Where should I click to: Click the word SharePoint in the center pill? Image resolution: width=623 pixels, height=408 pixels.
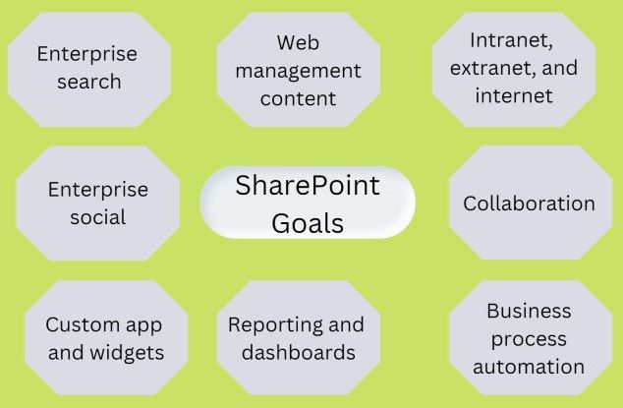pyautogui.click(x=308, y=186)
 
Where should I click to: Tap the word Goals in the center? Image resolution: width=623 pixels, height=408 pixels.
pyautogui.click(x=308, y=223)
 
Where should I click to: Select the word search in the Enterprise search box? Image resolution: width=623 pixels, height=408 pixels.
pyautogui.click(x=89, y=82)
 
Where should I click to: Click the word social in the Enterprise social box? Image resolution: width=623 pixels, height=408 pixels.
pyautogui.click(x=97, y=217)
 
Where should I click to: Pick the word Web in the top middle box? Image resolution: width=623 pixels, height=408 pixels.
pyautogui.click(x=298, y=42)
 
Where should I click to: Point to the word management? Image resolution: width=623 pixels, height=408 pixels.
pyautogui.click(x=298, y=72)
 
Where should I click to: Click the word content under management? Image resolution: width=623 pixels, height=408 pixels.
pyautogui.click(x=298, y=98)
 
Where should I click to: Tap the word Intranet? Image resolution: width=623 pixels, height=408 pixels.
pyautogui.click(x=511, y=40)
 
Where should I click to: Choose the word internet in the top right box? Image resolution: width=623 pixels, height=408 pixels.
pyautogui.click(x=514, y=95)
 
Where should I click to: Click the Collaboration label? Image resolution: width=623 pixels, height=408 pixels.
pyautogui.click(x=529, y=204)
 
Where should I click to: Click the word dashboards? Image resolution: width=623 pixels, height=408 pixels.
pyautogui.click(x=299, y=352)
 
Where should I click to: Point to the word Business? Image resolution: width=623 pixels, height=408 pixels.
pyautogui.click(x=529, y=311)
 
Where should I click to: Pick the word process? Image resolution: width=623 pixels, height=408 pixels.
pyautogui.click(x=529, y=340)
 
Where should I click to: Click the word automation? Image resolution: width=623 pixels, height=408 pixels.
pyautogui.click(x=529, y=367)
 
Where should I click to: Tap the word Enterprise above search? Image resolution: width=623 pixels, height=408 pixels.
pyautogui.click(x=87, y=54)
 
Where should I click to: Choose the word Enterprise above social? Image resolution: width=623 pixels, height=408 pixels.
pyautogui.click(x=98, y=190)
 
